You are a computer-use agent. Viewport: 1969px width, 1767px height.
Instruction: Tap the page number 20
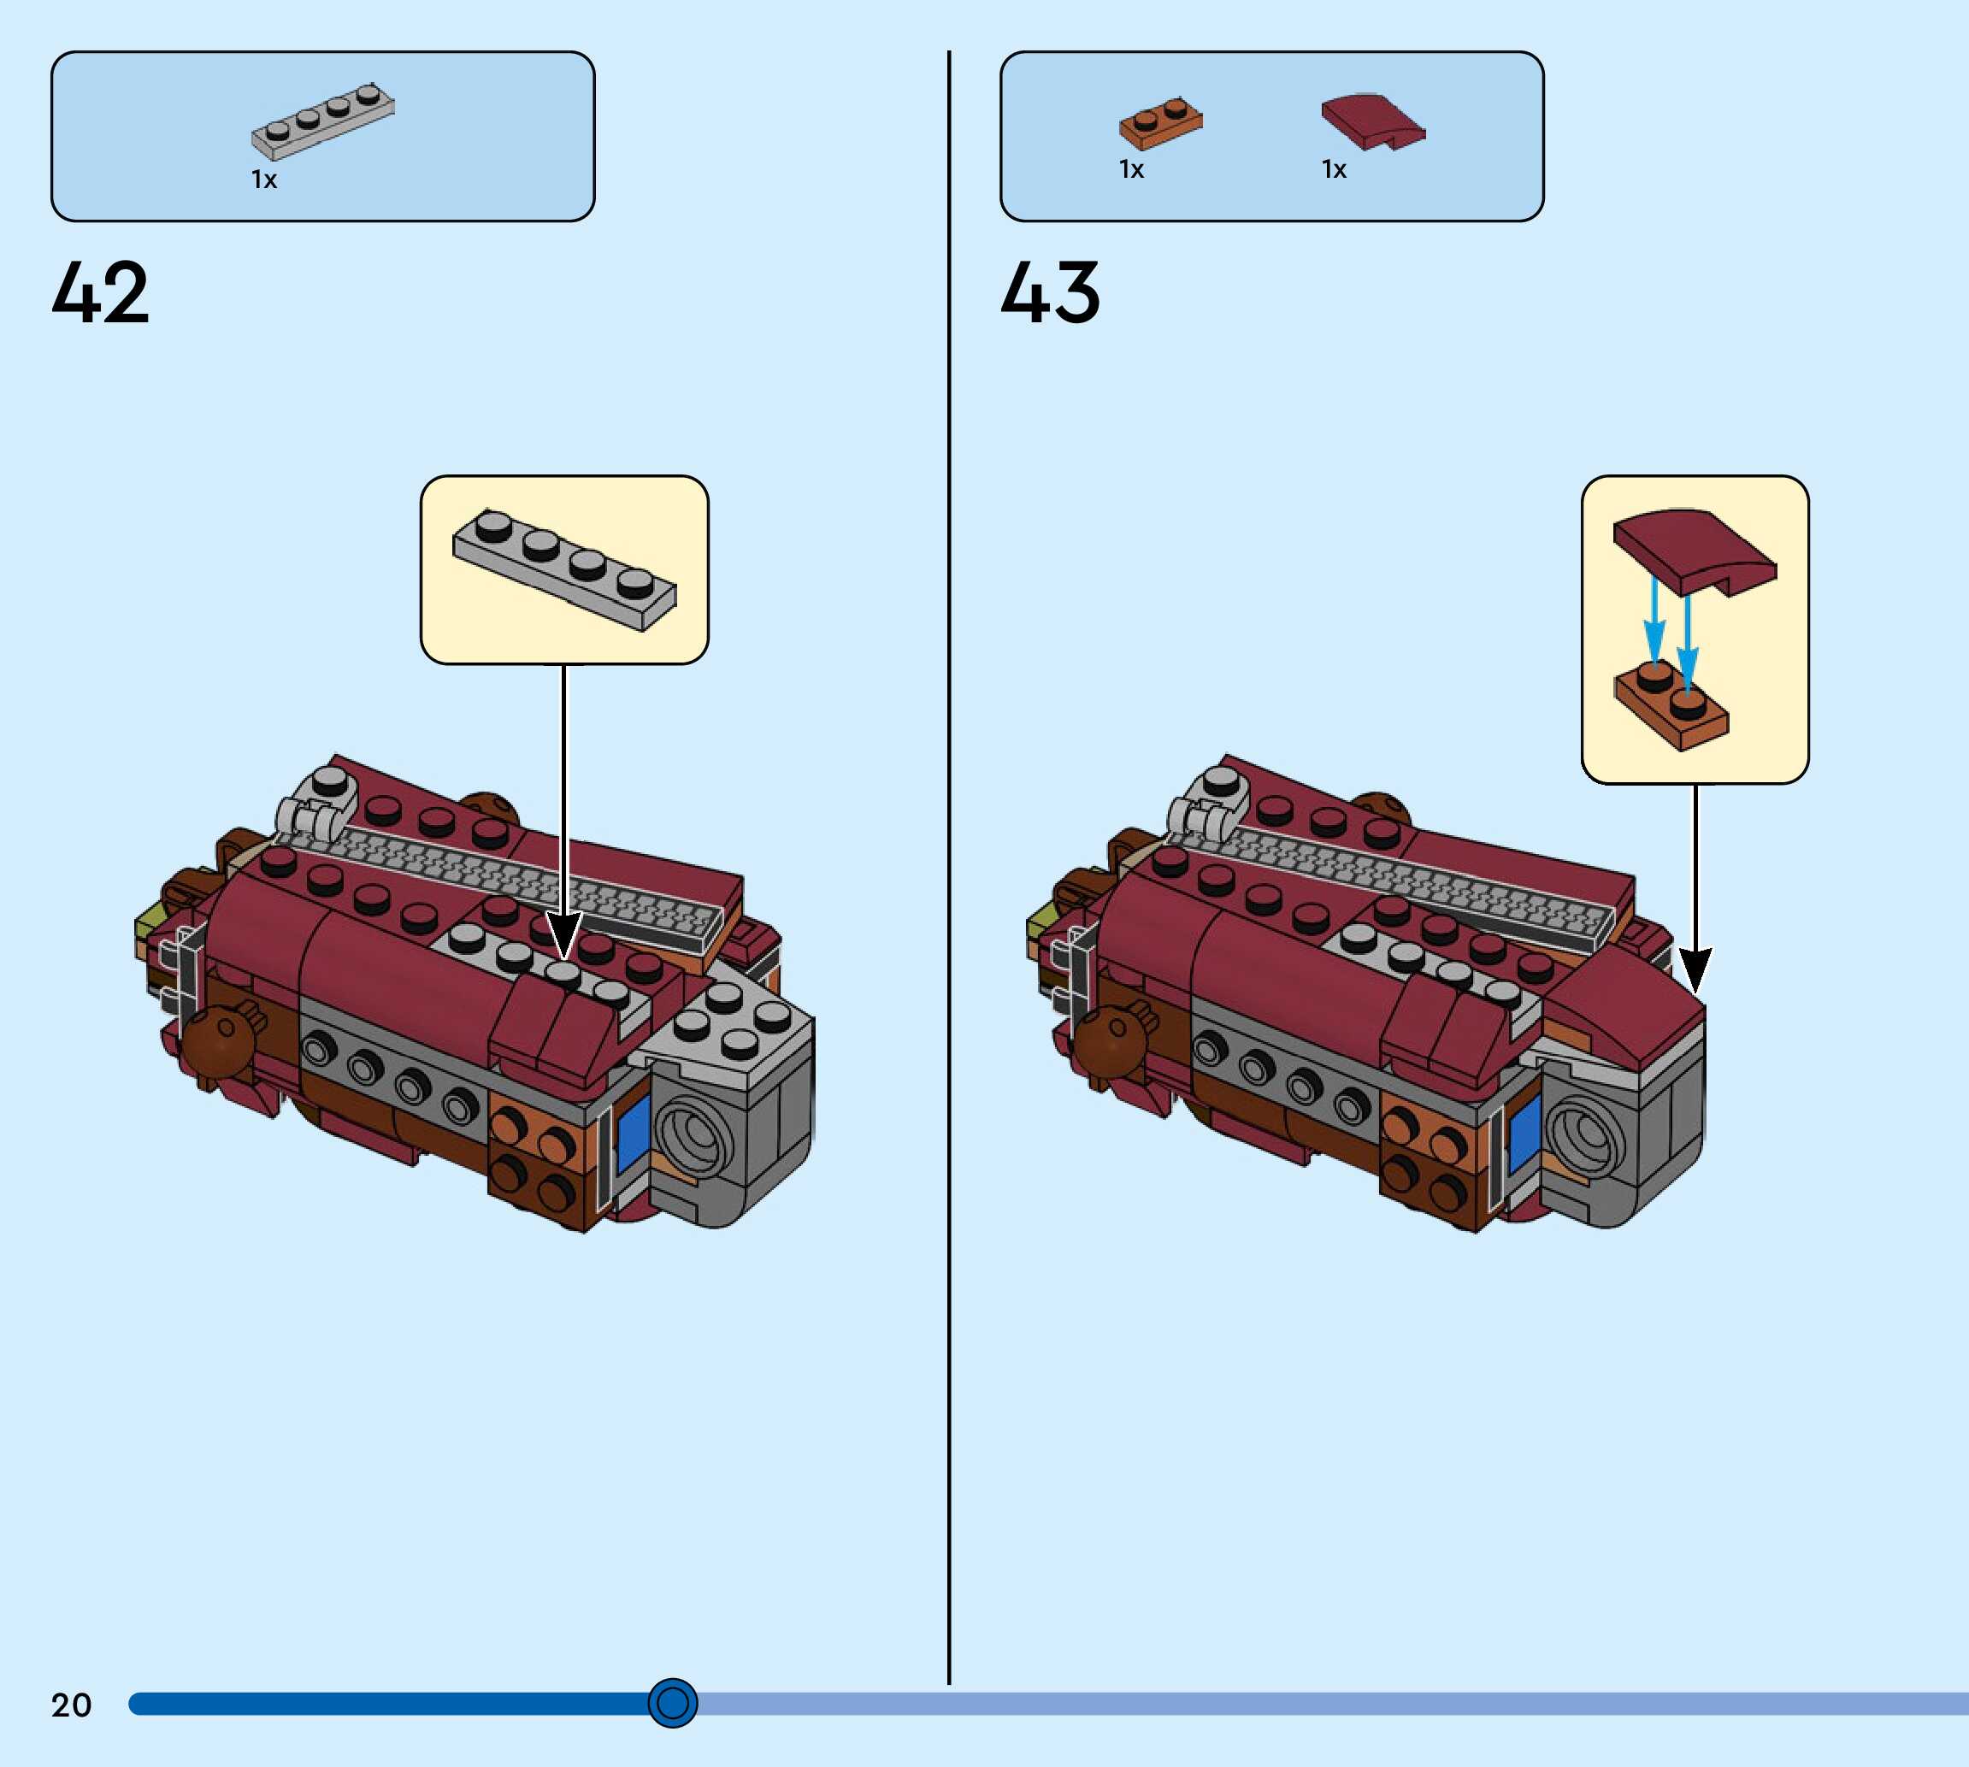(x=71, y=1705)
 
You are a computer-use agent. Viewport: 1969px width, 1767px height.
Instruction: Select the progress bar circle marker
(x=672, y=1702)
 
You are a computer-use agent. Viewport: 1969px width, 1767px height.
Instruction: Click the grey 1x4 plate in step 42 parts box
(x=323, y=121)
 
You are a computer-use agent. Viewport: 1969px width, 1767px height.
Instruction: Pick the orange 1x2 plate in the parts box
(x=1160, y=123)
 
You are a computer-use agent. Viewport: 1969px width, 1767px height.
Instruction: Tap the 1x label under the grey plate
(x=264, y=180)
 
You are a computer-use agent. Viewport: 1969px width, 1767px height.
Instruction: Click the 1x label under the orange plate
(x=1131, y=170)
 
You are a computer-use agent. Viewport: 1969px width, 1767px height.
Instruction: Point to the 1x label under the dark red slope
(x=1334, y=170)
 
